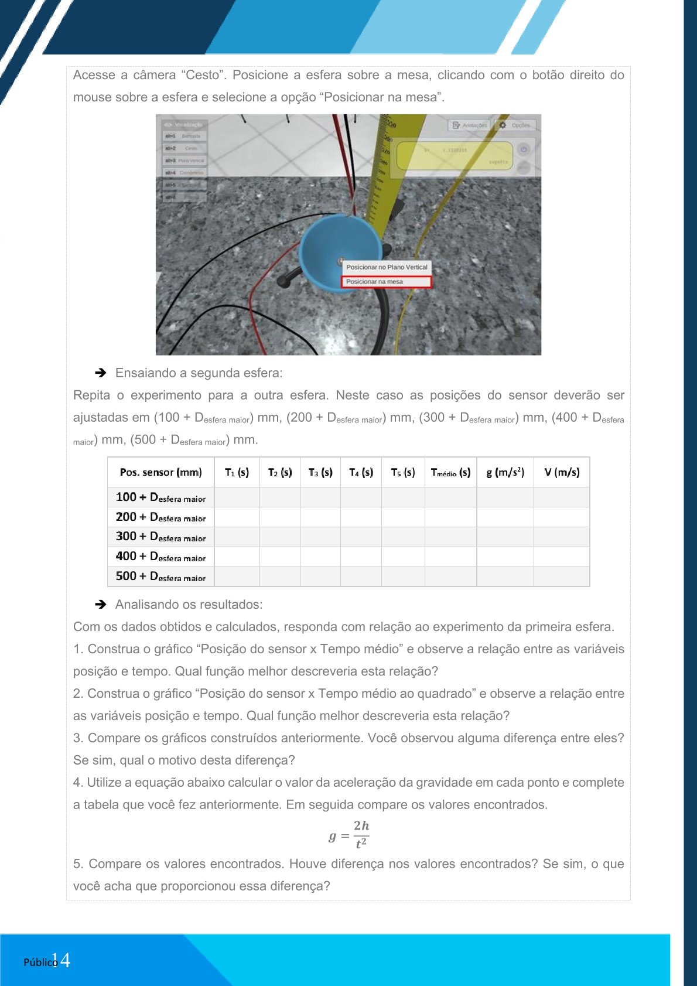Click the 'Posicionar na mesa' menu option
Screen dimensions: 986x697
(386, 282)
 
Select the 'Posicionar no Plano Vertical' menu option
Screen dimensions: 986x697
(387, 267)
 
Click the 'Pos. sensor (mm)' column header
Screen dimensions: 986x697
(160, 472)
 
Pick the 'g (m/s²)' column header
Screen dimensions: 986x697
(505, 472)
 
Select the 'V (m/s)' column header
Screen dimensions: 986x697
(562, 472)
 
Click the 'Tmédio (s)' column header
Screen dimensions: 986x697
(450, 472)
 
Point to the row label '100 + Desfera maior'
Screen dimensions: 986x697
(160, 497)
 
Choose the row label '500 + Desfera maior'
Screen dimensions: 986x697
(160, 576)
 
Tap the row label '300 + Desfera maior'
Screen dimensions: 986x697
(160, 537)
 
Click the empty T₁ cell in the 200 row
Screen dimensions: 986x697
(237, 517)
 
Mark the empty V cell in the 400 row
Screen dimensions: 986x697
(562, 557)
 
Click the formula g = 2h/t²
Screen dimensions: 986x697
(349, 834)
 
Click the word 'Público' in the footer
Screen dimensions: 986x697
(39, 962)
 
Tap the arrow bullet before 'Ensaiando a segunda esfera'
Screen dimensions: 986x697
(101, 373)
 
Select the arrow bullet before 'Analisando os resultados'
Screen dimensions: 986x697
(101, 604)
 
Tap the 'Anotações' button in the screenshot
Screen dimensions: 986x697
(470, 125)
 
